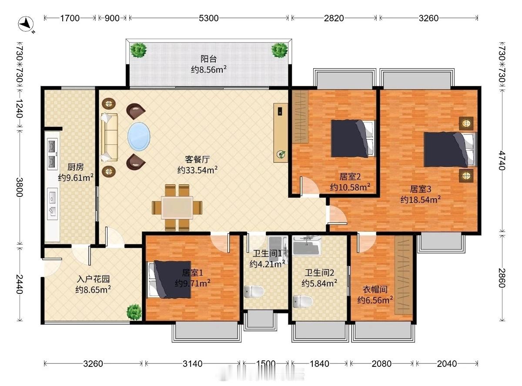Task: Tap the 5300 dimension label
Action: coord(208,18)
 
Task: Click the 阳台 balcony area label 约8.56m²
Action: coord(208,69)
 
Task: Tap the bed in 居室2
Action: coord(352,139)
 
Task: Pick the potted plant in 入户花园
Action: coord(134,312)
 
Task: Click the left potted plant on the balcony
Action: coord(139,50)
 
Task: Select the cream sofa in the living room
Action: coord(109,136)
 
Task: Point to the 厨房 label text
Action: coord(75,167)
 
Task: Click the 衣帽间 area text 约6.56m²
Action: coord(375,299)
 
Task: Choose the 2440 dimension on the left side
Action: coord(19,283)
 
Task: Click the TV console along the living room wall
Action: coord(281,133)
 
